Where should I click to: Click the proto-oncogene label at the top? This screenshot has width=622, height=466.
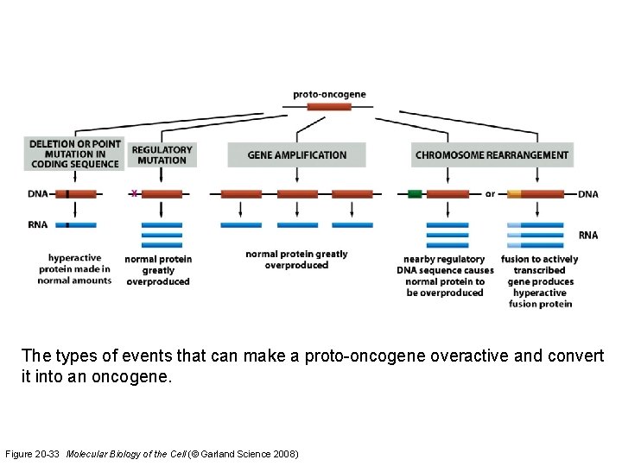coord(329,94)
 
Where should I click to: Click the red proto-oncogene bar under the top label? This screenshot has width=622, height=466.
coord(329,107)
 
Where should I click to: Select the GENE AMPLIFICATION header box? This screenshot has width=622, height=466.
coord(296,155)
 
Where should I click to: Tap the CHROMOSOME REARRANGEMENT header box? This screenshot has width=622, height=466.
coord(492,155)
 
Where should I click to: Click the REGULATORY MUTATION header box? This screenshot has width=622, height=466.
coord(162,154)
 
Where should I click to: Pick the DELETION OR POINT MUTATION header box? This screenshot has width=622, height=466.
coord(74,154)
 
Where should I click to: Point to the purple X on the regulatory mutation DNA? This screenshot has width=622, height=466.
coord(133,194)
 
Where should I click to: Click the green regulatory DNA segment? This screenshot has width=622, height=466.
coord(415,194)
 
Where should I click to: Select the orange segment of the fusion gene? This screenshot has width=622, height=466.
coord(514,194)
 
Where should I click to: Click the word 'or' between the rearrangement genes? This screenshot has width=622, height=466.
coord(490,194)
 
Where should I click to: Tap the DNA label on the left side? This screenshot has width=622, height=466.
coord(37,195)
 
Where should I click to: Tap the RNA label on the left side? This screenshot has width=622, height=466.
coord(37,224)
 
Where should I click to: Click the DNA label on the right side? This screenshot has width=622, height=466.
coord(587,195)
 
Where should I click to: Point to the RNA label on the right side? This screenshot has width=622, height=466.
coord(587,235)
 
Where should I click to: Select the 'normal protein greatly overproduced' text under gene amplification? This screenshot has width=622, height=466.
coord(296,260)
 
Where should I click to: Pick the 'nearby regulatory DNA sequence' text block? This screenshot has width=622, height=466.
coord(445,276)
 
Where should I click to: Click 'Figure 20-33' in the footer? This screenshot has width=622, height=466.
coord(33,453)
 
